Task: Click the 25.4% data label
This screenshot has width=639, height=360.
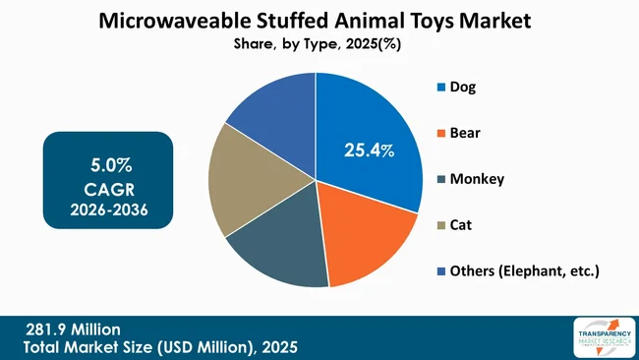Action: coord(369,150)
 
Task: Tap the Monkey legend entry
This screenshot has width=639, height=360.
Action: coord(476,178)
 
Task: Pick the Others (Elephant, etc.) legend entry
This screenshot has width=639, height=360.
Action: coord(522,270)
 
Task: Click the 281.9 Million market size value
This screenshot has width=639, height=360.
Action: coord(75,329)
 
